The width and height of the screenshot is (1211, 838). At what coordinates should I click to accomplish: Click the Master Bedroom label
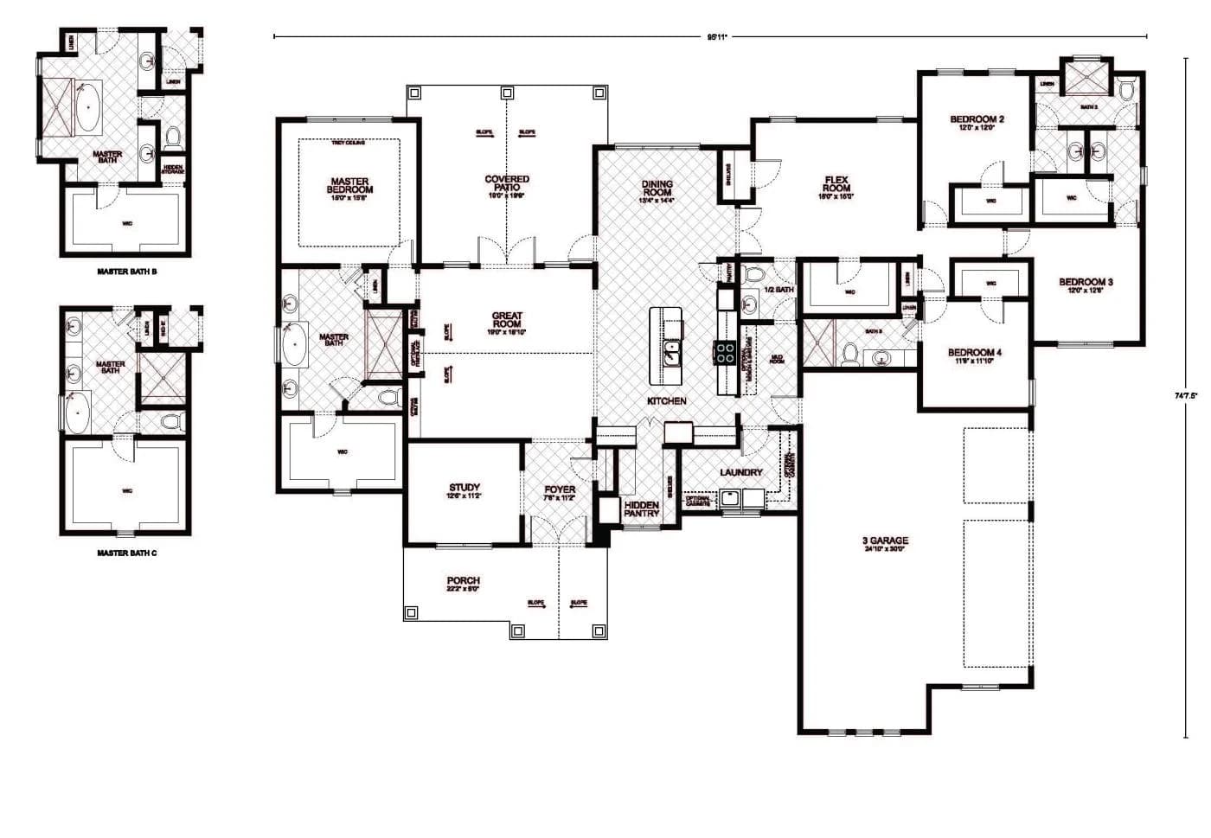[350, 186]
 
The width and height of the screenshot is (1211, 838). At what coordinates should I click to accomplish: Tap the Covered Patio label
[507, 184]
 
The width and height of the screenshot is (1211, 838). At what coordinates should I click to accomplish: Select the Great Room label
[507, 320]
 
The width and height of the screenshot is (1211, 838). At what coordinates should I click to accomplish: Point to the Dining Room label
[657, 189]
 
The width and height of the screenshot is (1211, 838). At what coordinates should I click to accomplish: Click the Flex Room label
[836, 184]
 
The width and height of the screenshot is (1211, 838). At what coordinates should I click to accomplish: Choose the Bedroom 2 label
[977, 119]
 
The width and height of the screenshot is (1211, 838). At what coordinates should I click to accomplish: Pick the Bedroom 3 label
[1086, 282]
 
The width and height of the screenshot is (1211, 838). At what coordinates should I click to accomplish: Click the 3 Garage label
[885, 541]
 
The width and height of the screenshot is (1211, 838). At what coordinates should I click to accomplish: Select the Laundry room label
[741, 472]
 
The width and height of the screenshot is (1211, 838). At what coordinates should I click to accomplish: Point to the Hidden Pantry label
[642, 509]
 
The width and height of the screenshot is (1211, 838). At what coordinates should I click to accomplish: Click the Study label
[465, 488]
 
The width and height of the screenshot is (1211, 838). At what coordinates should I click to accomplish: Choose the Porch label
[464, 581]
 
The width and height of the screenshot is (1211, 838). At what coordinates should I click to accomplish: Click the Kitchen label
[667, 401]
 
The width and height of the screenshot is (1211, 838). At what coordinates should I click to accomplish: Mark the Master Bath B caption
[127, 272]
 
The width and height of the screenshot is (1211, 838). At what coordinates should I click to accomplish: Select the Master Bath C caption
[127, 553]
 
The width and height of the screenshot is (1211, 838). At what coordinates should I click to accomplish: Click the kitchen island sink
[670, 352]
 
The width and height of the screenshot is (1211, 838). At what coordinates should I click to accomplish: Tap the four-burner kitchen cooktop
[724, 351]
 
